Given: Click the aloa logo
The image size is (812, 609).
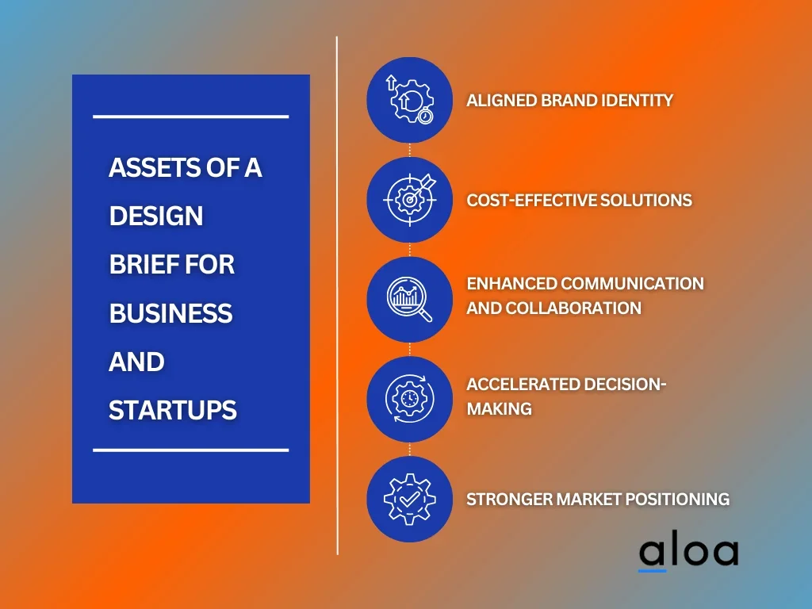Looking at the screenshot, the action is click(688, 553).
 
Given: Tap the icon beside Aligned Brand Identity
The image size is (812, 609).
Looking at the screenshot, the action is click(410, 100).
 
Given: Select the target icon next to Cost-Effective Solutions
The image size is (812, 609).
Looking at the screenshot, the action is click(410, 200).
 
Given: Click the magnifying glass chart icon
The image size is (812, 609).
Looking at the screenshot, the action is click(410, 299).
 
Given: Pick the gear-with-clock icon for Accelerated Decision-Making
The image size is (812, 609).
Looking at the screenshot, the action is click(410, 399).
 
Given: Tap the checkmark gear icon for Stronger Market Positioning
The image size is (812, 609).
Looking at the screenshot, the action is click(410, 499).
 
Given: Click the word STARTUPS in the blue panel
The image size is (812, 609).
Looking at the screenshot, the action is click(172, 410).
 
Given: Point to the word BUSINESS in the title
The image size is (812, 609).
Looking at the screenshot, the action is click(171, 313).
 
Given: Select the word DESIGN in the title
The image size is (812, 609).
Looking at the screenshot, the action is click(156, 216).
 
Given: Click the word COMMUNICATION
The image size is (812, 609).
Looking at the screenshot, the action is click(632, 283).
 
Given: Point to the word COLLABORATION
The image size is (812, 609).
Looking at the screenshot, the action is click(573, 308).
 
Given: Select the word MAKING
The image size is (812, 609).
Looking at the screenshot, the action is click(500, 408).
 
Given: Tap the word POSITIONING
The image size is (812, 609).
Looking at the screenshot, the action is click(677, 500).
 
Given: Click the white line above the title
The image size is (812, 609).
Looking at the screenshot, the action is click(190, 117).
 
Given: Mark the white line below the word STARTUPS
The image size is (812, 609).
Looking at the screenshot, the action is click(190, 450).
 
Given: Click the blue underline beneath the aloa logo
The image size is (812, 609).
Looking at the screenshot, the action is click(652, 571).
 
